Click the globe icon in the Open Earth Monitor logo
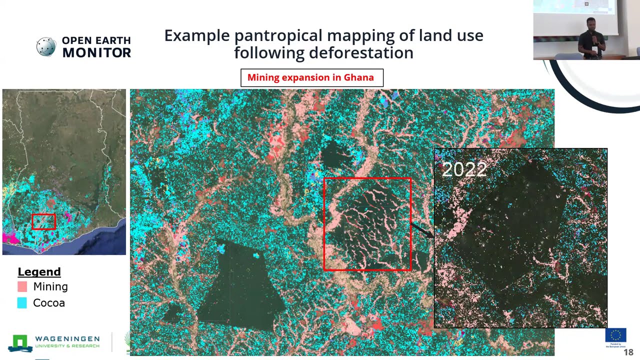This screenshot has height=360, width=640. point(46,46)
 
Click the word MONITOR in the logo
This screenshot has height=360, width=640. point(96,52)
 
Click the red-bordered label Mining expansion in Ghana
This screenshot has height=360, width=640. point(311,77)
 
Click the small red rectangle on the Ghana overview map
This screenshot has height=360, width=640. point(43,221)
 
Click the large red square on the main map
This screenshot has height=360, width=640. point(367,224)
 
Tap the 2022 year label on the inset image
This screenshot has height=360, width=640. point(464,169)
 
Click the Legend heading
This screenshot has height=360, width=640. point(39,271)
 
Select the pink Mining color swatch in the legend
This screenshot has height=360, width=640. point(22,286)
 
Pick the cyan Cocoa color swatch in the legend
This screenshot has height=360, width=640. point(22,302)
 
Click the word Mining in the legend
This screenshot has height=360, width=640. point(50,286)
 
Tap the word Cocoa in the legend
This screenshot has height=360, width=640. point(49,302)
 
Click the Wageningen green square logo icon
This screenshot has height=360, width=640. point(19,342)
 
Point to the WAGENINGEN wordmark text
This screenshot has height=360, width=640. point(67,339)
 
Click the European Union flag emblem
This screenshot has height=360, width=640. point(615,335)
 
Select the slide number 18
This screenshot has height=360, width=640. point(628,352)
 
